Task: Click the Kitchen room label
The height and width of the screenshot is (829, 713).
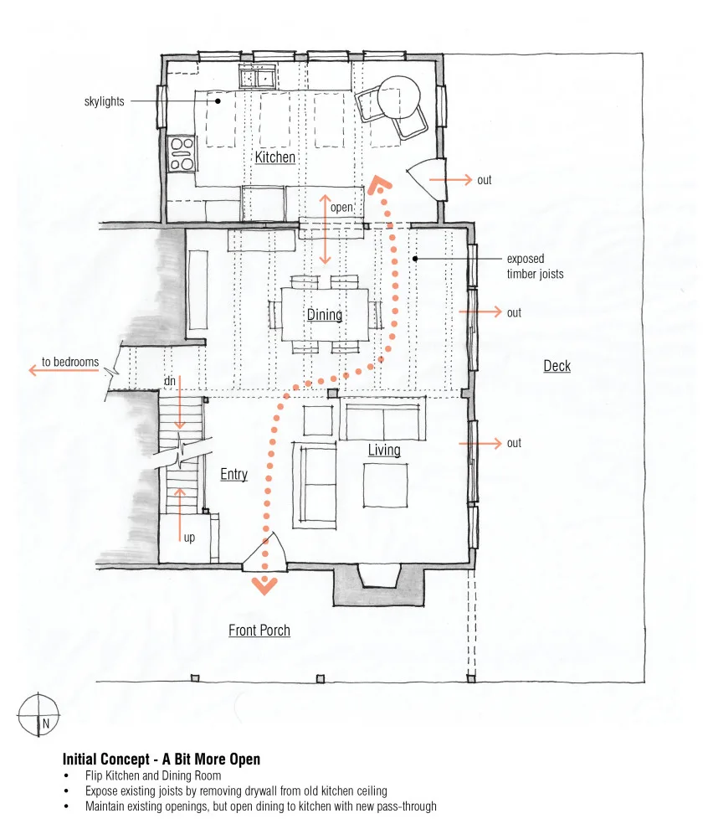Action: tap(274, 157)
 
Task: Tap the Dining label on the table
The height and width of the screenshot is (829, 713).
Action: tap(325, 315)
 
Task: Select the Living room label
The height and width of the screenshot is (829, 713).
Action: tap(384, 450)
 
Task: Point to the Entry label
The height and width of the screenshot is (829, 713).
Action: tap(234, 474)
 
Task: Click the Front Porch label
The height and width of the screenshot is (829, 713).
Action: tap(259, 631)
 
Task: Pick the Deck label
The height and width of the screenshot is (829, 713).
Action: tap(557, 366)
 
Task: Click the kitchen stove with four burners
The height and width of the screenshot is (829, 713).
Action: tap(182, 154)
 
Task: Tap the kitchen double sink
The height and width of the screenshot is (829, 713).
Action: tap(258, 77)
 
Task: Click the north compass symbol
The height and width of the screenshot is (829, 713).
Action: tap(38, 715)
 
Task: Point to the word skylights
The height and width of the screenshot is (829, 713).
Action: tap(104, 101)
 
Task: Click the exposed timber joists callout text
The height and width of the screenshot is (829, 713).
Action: tap(535, 266)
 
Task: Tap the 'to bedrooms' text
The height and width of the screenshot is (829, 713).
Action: tap(70, 362)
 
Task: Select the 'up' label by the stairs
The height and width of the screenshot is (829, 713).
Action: tap(189, 538)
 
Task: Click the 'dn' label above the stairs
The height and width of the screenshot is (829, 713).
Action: tap(170, 381)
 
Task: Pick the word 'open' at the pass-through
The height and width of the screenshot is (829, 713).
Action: tap(341, 208)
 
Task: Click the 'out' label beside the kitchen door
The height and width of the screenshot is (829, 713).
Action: tap(485, 180)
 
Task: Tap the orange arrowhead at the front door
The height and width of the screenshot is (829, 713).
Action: tap(264, 585)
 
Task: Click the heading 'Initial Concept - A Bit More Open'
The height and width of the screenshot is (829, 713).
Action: tap(162, 759)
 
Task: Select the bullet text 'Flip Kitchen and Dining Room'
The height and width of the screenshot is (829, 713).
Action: tap(153, 775)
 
